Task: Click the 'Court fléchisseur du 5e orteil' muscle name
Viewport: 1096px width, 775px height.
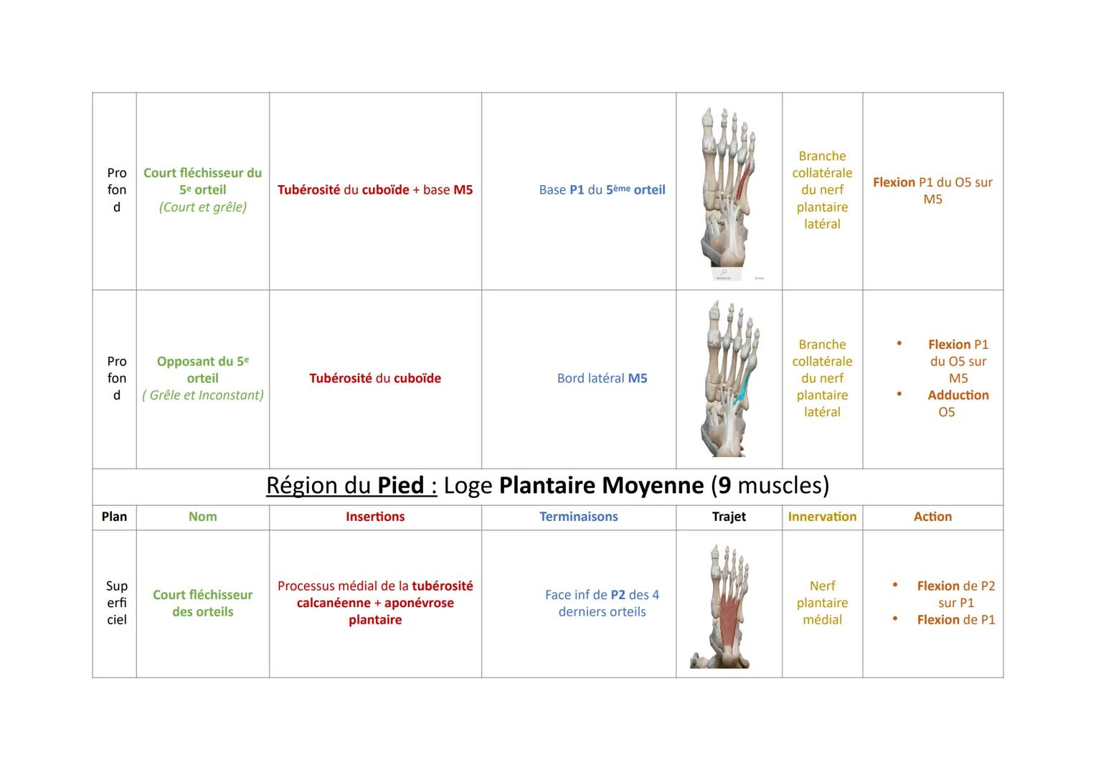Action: tap(202, 181)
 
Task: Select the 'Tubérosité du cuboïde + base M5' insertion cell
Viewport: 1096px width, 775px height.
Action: tap(375, 190)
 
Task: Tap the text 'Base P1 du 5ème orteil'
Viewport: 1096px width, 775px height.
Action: tap(602, 190)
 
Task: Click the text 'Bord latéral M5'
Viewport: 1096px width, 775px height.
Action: tap(602, 378)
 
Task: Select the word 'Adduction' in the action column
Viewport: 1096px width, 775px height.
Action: tap(958, 395)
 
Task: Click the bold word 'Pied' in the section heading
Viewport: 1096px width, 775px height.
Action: tap(401, 486)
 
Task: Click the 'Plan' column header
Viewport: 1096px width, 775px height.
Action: tap(114, 517)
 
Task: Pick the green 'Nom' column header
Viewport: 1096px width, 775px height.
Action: tap(202, 517)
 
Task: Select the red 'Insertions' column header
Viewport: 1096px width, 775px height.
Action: tap(375, 517)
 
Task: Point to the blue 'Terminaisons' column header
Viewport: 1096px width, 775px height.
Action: tap(578, 517)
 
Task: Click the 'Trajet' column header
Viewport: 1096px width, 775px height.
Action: tap(729, 517)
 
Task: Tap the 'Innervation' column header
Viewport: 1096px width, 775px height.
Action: tap(822, 517)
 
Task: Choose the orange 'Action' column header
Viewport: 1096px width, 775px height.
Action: tap(932, 517)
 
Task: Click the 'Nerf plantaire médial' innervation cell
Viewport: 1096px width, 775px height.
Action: tap(822, 603)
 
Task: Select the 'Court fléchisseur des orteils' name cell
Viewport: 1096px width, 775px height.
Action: tap(202, 603)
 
